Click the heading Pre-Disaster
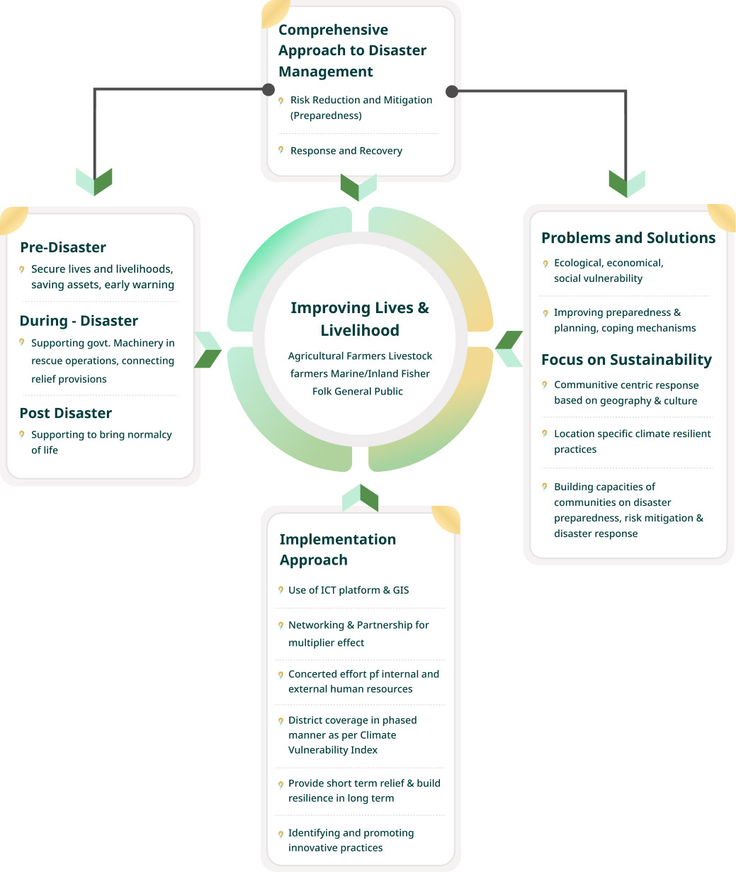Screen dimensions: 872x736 click(x=63, y=247)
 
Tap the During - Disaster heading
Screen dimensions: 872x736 click(x=79, y=321)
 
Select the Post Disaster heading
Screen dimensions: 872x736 click(x=66, y=413)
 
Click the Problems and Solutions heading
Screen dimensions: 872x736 click(x=628, y=238)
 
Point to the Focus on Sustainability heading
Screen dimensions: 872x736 click(x=626, y=360)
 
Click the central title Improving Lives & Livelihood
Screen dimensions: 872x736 click(x=360, y=319)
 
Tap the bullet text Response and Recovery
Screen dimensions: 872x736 click(x=346, y=151)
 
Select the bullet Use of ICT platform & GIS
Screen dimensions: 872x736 click(x=349, y=590)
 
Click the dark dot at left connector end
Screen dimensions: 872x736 click(x=268, y=89)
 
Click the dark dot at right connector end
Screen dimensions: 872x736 click(x=452, y=91)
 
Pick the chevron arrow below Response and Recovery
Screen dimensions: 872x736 click(x=358, y=187)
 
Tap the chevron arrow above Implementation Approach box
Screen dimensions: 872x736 click(x=360, y=498)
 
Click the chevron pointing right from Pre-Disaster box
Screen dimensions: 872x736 click(x=208, y=349)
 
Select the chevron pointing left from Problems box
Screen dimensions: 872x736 click(x=509, y=349)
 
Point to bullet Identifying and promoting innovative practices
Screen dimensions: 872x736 click(x=351, y=840)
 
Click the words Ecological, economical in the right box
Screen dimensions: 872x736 click(x=608, y=263)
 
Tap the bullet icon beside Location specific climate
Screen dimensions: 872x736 click(x=545, y=434)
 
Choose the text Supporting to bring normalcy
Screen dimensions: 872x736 click(x=101, y=435)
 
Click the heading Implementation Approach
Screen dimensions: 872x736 click(x=337, y=550)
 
